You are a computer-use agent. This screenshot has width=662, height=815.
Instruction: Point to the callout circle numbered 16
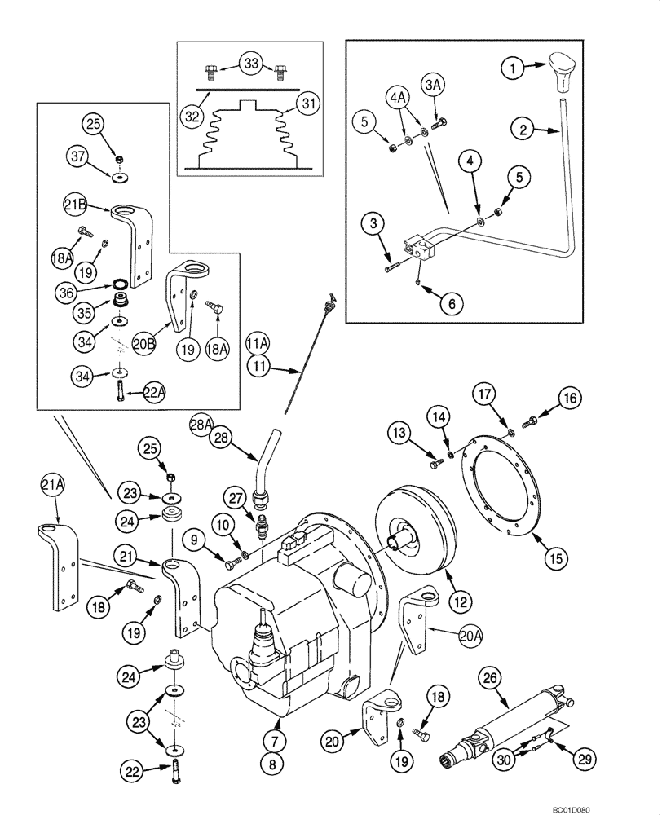(x=569, y=398)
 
